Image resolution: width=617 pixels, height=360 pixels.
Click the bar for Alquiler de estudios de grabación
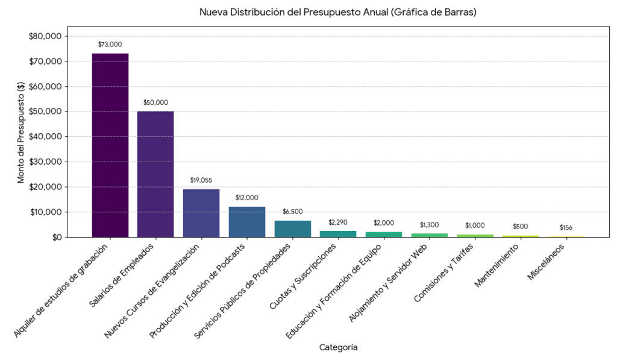click(110, 145)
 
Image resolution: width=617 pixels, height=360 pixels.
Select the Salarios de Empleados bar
click(155, 174)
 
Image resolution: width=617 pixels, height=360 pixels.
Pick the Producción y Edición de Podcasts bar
click(247, 222)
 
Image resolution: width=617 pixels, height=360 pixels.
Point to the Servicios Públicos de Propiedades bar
click(293, 229)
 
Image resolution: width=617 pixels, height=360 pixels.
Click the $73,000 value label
click(110, 45)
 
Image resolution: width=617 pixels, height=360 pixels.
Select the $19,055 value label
click(201, 180)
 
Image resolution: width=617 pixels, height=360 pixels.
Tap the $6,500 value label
click(293, 212)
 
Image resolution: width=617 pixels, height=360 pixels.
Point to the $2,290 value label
click(338, 223)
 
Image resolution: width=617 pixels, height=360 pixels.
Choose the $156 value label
click(566, 228)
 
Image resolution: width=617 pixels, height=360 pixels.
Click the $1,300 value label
click(430, 225)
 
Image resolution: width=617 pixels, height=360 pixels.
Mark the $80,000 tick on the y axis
click(45, 36)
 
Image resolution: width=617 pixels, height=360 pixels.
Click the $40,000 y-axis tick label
click(45, 137)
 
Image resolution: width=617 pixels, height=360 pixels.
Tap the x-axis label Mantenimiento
click(498, 265)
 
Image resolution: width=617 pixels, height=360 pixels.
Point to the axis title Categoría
click(338, 348)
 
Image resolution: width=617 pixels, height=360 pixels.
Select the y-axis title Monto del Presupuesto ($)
click(20, 132)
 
